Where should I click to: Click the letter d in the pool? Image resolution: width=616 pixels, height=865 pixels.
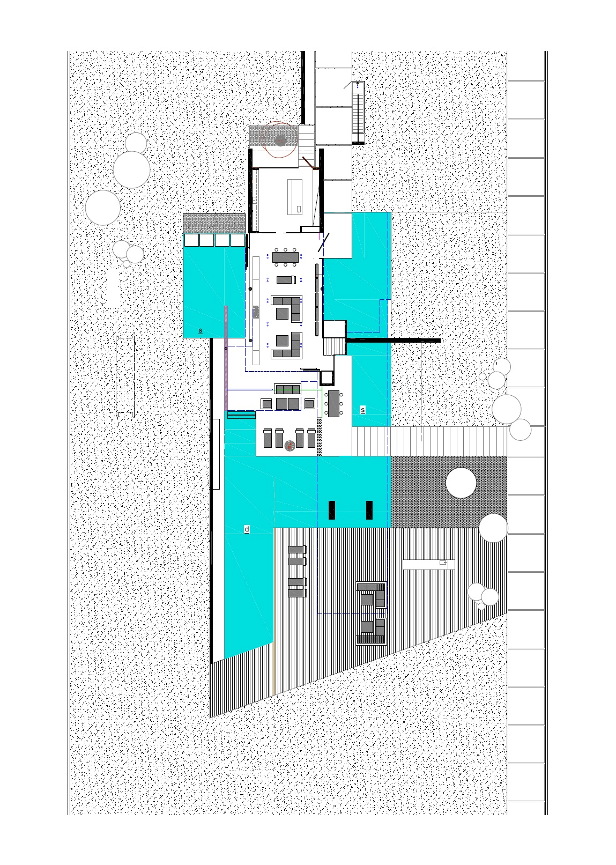pyautogui.click(x=247, y=529)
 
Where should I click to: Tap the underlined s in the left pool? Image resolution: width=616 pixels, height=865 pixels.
pyautogui.click(x=201, y=330)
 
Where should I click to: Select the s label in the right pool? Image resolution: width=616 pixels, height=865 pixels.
pyautogui.click(x=362, y=410)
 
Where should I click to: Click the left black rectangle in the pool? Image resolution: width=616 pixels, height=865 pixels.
pyautogui.click(x=331, y=510)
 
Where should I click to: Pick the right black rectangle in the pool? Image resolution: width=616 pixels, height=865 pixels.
pyautogui.click(x=369, y=510)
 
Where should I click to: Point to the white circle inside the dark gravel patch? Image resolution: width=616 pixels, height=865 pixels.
pyautogui.click(x=461, y=483)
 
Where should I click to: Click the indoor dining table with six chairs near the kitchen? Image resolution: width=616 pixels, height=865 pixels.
pyautogui.click(x=285, y=257)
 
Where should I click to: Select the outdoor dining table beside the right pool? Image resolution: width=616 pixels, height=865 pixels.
pyautogui.click(x=333, y=403)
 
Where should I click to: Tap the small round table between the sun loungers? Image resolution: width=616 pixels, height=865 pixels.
pyautogui.click(x=290, y=446)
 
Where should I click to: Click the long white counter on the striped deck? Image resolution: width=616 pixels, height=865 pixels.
pyautogui.click(x=428, y=564)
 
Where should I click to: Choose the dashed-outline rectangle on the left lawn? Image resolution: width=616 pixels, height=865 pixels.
pyautogui.click(x=125, y=376)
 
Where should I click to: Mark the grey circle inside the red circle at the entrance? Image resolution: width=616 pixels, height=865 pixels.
pyautogui.click(x=280, y=141)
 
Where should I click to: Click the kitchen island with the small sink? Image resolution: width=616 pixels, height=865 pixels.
pyautogui.click(x=295, y=196)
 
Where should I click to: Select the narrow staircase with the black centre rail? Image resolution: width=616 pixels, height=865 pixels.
pyautogui.click(x=359, y=112)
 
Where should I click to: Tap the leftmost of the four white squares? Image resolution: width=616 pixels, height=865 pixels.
pyautogui.click(x=191, y=240)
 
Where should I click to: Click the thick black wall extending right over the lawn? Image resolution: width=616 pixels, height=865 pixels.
pyautogui.click(x=394, y=341)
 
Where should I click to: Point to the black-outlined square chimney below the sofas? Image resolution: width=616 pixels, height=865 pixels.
pyautogui.click(x=326, y=378)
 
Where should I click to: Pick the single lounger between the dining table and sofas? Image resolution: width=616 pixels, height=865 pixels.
pyautogui.click(x=286, y=279)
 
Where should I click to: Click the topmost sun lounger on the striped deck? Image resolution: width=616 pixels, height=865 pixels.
pyautogui.click(x=297, y=550)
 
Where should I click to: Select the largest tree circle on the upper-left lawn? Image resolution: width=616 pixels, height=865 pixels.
pyautogui.click(x=131, y=169)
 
